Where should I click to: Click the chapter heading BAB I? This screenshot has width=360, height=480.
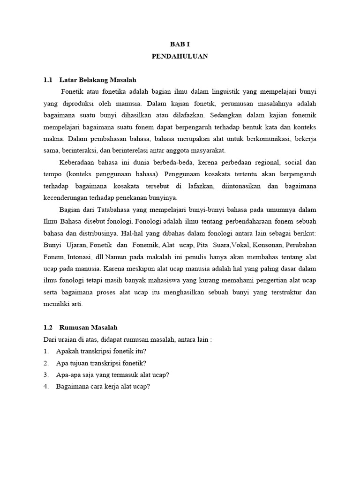[x=180, y=44]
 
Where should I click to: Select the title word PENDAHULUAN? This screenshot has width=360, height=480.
[x=180, y=56]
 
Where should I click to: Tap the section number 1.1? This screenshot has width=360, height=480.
[x=48, y=80]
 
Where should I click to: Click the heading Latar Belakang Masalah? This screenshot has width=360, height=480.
[x=98, y=80]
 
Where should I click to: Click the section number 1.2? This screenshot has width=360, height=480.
[x=48, y=328]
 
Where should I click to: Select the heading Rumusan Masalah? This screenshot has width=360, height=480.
[x=89, y=328]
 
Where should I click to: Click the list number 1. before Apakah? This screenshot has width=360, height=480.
[x=46, y=351]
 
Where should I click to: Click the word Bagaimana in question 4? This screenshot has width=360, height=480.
[x=73, y=387]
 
